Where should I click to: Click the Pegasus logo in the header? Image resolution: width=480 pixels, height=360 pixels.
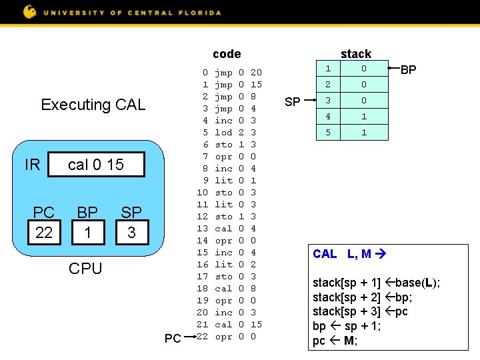(30, 11)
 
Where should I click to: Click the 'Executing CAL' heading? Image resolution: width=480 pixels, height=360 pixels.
(93, 105)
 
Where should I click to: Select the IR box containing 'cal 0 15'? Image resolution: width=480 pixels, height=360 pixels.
(97, 165)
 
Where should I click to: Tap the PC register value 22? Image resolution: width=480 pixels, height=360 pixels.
(44, 232)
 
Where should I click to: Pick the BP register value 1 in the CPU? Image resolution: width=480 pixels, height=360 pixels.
(87, 232)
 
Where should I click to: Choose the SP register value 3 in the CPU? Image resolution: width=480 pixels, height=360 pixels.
(131, 232)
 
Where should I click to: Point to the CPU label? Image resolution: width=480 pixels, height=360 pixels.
(86, 269)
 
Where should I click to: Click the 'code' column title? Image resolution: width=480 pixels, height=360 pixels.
(227, 54)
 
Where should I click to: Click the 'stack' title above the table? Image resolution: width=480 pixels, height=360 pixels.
(355, 54)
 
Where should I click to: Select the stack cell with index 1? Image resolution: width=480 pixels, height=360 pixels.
(327, 69)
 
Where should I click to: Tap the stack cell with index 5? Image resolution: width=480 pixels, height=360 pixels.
(327, 133)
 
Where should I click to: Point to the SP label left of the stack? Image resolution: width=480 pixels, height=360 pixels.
(293, 101)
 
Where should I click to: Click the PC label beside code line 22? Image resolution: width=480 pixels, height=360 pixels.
(173, 339)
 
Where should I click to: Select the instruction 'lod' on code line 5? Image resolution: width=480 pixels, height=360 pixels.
(223, 133)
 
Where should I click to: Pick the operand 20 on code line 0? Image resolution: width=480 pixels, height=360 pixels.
(256, 71)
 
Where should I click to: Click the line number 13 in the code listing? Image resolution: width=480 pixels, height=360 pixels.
(203, 229)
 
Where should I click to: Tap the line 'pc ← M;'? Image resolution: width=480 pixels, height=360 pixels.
(335, 341)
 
